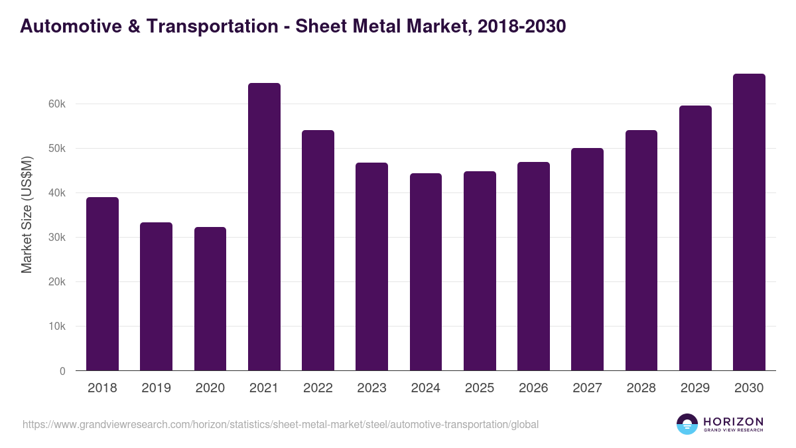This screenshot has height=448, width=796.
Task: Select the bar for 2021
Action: (x=264, y=227)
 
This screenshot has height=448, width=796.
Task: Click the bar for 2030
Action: (x=749, y=222)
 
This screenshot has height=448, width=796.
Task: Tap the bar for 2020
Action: (x=210, y=299)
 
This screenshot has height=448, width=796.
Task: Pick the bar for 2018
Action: (x=102, y=284)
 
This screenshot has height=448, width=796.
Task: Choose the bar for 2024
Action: (x=426, y=272)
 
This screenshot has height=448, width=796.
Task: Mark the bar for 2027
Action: (x=587, y=260)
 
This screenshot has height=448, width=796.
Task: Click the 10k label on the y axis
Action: (x=57, y=327)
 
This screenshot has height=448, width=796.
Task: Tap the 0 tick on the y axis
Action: (x=62, y=371)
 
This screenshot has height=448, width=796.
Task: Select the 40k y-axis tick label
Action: (x=57, y=193)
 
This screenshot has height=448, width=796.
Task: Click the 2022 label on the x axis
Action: (x=318, y=388)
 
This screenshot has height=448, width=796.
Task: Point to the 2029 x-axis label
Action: (x=695, y=388)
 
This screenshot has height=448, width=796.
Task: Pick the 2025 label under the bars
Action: (x=480, y=388)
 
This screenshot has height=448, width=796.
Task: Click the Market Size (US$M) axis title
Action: (x=27, y=215)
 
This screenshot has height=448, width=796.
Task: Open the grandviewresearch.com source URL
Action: (x=281, y=424)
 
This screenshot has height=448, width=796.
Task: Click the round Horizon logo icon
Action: (x=687, y=424)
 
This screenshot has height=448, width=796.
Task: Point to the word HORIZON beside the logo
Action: (x=733, y=421)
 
